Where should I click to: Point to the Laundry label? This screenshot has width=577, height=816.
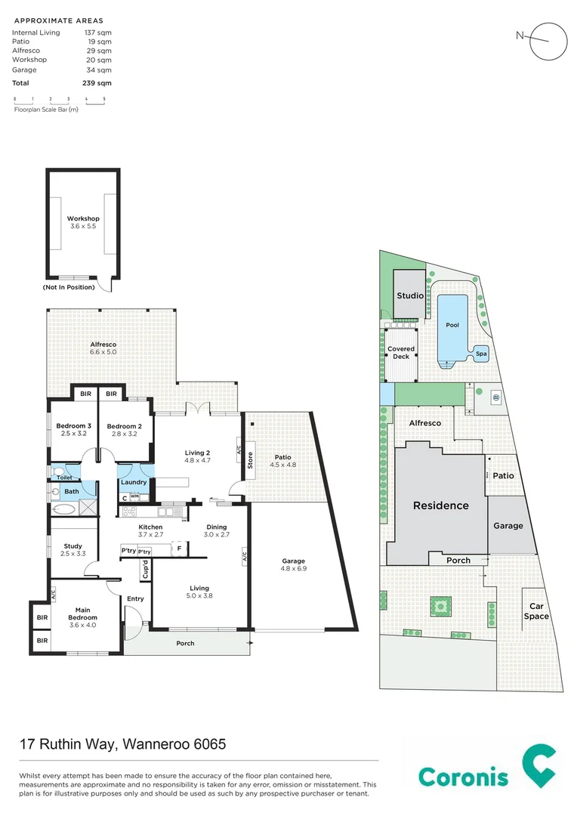(x=134, y=482)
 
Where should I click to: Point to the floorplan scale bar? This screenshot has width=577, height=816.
(x=59, y=100)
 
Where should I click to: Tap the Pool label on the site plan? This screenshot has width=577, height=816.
(x=452, y=325)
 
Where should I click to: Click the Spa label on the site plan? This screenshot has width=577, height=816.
(x=480, y=353)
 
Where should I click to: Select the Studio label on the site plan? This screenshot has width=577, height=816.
(x=410, y=295)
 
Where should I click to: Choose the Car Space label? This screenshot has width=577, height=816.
(x=538, y=611)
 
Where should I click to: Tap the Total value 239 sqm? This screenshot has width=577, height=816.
(x=97, y=83)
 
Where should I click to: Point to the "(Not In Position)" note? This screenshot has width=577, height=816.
(x=69, y=287)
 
